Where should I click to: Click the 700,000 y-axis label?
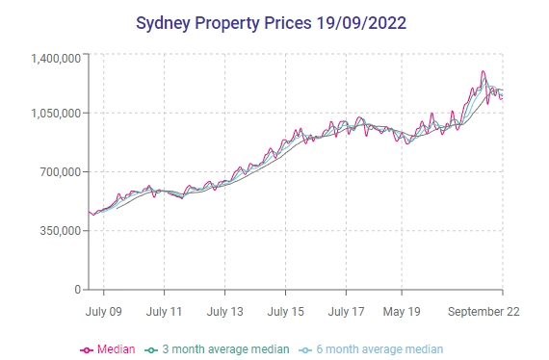click(57, 172)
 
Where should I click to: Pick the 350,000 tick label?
click(57, 231)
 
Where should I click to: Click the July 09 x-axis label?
click(104, 312)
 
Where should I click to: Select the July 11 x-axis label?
click(164, 312)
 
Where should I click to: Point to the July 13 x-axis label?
click(224, 312)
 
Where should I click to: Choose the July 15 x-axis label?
click(285, 312)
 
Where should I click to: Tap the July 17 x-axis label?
click(346, 312)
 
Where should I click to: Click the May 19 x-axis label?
click(402, 312)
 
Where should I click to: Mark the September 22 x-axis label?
click(485, 312)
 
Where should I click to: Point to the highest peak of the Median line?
click(484, 72)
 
